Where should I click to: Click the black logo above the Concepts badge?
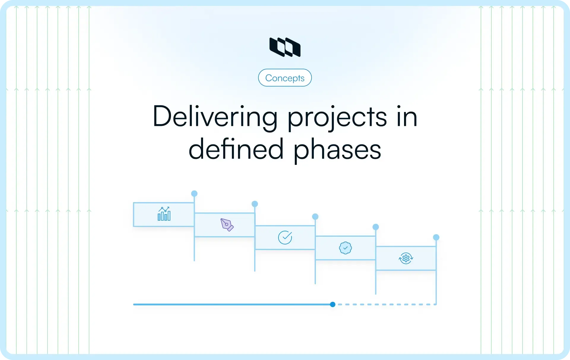pos(285,47)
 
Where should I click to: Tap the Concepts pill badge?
pos(285,78)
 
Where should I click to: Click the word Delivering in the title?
pos(215,117)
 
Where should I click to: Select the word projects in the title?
pos(337,118)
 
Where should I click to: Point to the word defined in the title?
pos(236,149)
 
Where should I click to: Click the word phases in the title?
pos(337,150)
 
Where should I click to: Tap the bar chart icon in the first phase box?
pos(164,214)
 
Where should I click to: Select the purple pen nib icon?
pos(227,225)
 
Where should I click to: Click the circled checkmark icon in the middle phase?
pos(285,237)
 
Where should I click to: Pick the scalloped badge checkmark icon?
pos(345,248)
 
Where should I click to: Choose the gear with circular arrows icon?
pos(406,258)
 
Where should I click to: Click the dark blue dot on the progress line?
pos(332,304)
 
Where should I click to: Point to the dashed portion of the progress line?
pos(386,304)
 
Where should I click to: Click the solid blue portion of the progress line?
pos(232,304)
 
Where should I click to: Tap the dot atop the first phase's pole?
pos(194,194)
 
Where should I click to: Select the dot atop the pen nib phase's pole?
pos(255,204)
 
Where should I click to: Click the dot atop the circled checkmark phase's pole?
pos(315,217)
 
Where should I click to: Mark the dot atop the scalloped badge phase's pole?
pos(376,227)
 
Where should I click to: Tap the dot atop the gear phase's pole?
pos(436,237)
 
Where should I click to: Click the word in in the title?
pos(407,117)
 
